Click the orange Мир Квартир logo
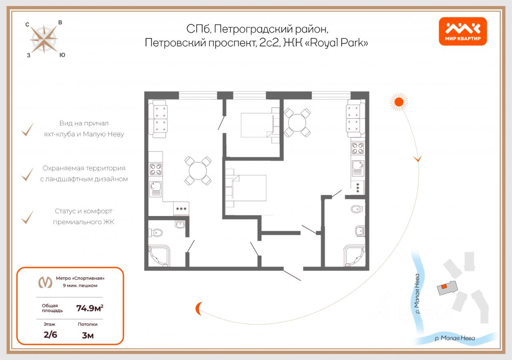pos(463,31)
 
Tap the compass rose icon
pos(44,39)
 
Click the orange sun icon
pos(398,102)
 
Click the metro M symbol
pos(45,282)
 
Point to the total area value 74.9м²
pos(92,308)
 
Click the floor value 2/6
pos(50,335)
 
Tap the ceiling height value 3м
pos(88,335)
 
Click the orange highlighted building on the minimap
pos(444,286)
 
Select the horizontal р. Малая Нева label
pos(455,338)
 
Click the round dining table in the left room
pos(198,171)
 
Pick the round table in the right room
pos(297,123)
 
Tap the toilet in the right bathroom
pos(356,208)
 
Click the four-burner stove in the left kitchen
pos(156,170)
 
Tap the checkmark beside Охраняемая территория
pos(27,174)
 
